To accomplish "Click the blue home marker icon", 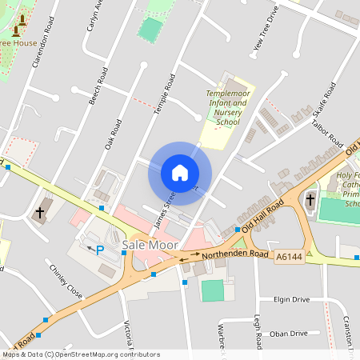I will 179,173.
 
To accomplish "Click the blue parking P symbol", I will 100,250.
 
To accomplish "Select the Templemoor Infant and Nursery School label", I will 223,108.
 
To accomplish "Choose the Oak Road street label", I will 112,134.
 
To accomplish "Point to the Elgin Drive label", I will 290,299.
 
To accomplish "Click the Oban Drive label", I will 289,334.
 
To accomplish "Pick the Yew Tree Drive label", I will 266,29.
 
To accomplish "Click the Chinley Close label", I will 66,281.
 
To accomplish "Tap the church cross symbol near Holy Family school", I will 310,200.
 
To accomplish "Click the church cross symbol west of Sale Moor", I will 39,213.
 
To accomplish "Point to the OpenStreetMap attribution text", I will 80,354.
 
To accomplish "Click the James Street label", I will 163,205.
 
